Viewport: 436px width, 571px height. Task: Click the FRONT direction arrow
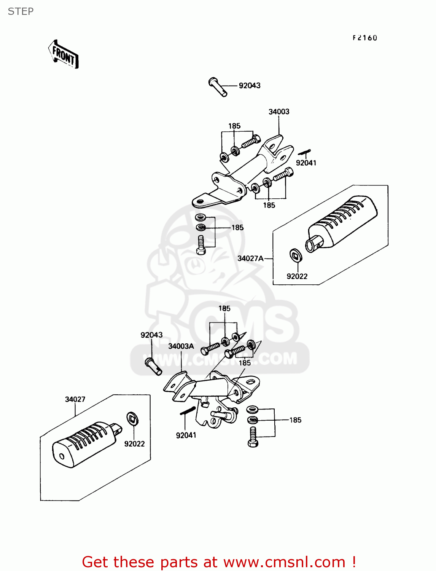point(64,55)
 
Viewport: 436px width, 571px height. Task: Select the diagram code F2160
point(364,38)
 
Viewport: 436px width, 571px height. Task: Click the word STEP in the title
point(21,11)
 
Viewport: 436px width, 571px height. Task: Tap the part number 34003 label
point(279,112)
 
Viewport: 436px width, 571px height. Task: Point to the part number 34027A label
point(250,258)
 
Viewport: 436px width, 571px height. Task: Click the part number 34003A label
point(181,346)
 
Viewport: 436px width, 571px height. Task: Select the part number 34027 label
point(75,399)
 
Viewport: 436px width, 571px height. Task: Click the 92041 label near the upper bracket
point(306,163)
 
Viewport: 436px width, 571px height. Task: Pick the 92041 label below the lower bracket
point(186,435)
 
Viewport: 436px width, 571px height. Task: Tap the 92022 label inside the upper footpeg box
point(297,276)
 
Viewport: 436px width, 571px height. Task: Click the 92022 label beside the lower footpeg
point(134,444)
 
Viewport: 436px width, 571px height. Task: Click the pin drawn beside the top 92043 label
point(218,87)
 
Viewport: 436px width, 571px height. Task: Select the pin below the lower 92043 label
point(153,366)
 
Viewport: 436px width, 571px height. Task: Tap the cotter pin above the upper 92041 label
point(304,152)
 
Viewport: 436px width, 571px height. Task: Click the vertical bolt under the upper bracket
point(201,245)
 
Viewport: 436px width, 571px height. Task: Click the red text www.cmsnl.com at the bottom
point(284,562)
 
